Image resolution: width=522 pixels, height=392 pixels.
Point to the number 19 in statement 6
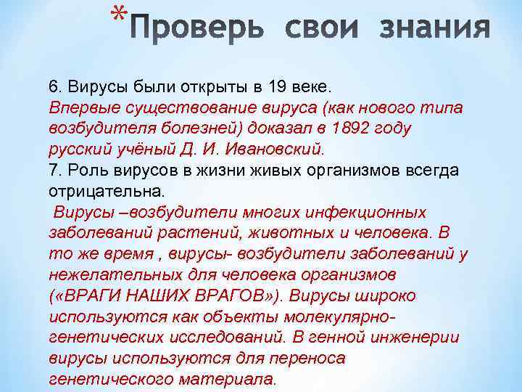point(278,86)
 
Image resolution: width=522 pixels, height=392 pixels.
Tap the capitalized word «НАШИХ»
point(160,297)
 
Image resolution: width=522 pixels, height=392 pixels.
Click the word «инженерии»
point(408,339)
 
